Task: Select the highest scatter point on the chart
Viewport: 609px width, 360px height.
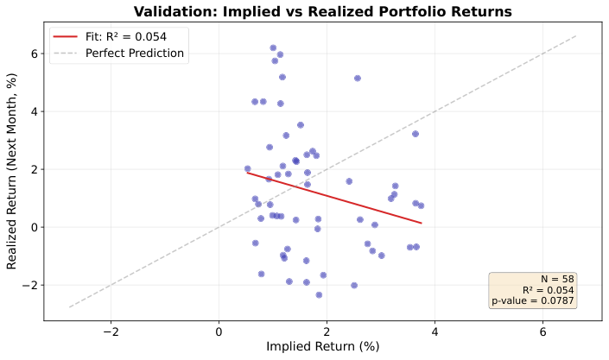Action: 273,48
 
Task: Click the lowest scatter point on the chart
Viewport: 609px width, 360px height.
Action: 319,295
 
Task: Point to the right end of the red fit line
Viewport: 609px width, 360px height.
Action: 422,223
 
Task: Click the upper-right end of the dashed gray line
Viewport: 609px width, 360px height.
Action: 575,36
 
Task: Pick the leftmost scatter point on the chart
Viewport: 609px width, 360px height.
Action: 247,169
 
